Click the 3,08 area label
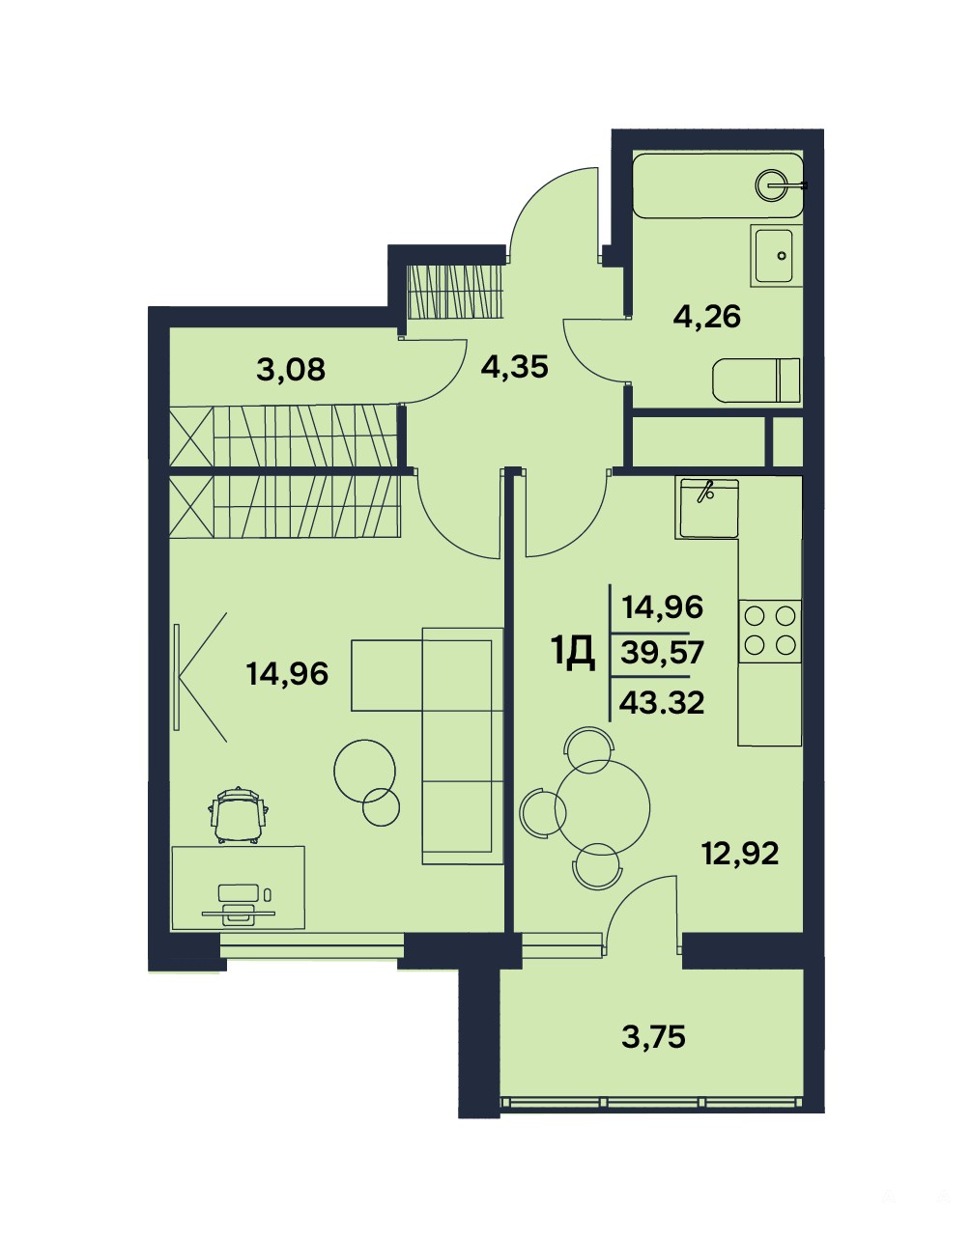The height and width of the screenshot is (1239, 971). (291, 370)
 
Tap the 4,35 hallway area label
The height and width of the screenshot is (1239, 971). (514, 366)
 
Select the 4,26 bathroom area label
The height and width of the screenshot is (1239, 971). (707, 317)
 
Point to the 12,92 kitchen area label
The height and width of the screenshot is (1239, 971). (741, 854)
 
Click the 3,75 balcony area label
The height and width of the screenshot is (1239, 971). (653, 1036)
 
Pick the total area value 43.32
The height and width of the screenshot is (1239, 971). (662, 703)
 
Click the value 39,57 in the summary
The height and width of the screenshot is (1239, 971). (662, 653)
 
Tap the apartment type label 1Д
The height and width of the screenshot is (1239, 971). (573, 654)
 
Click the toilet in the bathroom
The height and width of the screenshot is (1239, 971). (757, 380)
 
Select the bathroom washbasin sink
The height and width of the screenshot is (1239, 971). (774, 254)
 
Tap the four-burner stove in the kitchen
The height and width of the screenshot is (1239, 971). (770, 632)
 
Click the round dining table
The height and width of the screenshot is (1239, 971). (603, 807)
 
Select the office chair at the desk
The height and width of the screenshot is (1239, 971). (240, 815)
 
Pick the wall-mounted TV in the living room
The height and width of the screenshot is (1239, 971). (177, 677)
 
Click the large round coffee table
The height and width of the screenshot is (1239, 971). (364, 771)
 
